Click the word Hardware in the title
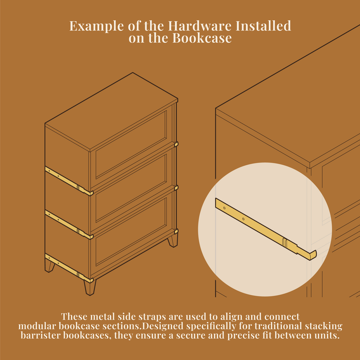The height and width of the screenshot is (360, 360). (199, 26)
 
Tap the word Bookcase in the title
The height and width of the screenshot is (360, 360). (202, 38)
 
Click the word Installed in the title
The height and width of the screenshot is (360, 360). (263, 26)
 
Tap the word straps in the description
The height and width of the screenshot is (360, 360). (152, 317)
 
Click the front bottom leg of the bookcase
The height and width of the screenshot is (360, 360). (90, 287)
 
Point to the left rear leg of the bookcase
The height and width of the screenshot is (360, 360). (49, 265)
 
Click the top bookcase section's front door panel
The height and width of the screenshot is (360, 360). (131, 144)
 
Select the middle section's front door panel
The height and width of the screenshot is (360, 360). (131, 188)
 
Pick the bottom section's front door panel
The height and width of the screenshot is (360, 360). (131, 232)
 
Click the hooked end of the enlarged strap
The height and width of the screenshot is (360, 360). (312, 255)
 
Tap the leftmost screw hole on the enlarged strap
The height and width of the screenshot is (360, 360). (224, 208)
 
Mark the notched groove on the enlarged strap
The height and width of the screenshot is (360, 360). (285, 242)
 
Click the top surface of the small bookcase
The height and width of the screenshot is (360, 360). (111, 112)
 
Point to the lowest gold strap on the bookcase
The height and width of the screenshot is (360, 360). (69, 268)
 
